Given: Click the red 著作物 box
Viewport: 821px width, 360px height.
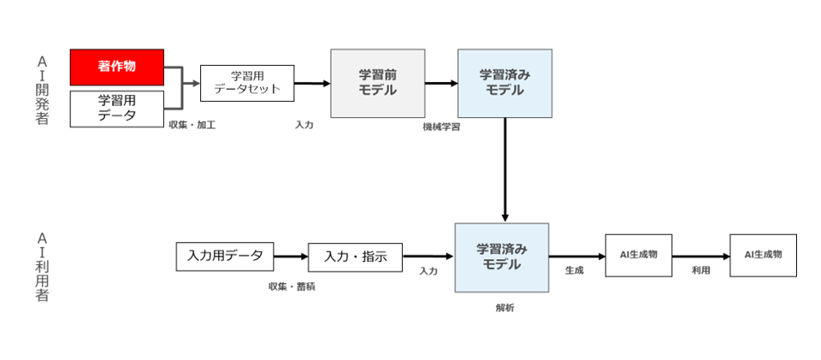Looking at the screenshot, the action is [x=117, y=67].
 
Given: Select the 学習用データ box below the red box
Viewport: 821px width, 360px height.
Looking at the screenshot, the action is [x=117, y=109].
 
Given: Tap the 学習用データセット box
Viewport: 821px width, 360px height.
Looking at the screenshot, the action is [x=247, y=83].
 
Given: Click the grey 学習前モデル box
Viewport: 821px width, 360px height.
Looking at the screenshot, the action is [x=377, y=83].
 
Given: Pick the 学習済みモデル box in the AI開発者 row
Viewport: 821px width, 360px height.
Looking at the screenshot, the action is [x=505, y=83].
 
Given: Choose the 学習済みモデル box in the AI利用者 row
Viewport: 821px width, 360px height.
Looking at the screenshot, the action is [x=502, y=257].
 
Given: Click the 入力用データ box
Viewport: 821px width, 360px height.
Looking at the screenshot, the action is [x=225, y=257].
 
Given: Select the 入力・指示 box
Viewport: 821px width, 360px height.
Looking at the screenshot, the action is [x=356, y=257].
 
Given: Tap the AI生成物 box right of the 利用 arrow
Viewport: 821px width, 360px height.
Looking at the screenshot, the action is [x=764, y=256].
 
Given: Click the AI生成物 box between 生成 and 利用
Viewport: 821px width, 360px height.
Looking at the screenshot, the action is [x=639, y=256].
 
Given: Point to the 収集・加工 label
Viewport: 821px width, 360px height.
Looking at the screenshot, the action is [x=192, y=126].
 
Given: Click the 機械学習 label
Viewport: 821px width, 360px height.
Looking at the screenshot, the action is [x=441, y=127].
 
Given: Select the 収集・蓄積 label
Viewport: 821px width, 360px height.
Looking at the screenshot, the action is [x=292, y=286].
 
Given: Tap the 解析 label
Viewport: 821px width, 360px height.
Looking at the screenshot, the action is [x=505, y=308].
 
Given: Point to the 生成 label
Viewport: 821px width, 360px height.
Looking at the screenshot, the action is [x=575, y=270].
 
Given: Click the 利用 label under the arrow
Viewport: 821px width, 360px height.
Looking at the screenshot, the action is [x=700, y=270].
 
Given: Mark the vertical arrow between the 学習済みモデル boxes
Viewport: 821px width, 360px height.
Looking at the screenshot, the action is [x=505, y=170].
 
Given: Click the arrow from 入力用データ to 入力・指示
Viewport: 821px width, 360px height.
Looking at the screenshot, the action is [x=291, y=257].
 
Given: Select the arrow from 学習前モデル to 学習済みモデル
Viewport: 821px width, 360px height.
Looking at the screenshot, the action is [x=441, y=83].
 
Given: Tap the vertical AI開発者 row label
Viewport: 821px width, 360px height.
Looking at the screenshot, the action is [x=42, y=91].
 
